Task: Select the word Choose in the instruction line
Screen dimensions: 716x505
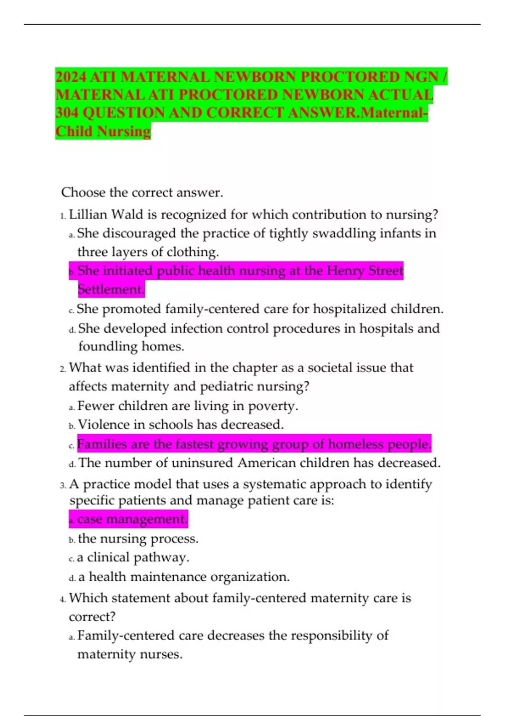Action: [83, 192]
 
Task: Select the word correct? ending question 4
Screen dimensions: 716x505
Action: [92, 617]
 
